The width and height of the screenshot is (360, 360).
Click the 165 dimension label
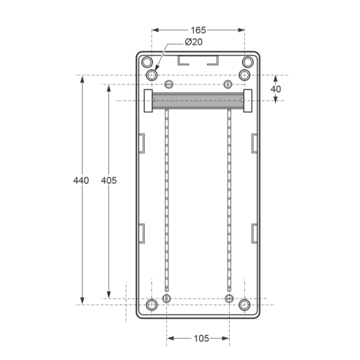pos(198,30)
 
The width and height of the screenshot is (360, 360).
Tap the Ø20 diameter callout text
pos(194,42)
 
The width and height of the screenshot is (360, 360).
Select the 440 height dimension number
pos(81,181)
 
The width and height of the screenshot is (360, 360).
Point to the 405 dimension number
pos(109,181)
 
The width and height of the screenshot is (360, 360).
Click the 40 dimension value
pos(276,89)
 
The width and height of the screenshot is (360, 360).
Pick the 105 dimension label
pos(201,339)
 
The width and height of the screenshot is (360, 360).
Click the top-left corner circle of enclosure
pos(147,62)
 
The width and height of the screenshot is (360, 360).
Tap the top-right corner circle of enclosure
pos(248,62)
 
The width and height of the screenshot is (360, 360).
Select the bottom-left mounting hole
pos(151,305)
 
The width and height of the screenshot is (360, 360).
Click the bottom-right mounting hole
pos(244,305)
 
